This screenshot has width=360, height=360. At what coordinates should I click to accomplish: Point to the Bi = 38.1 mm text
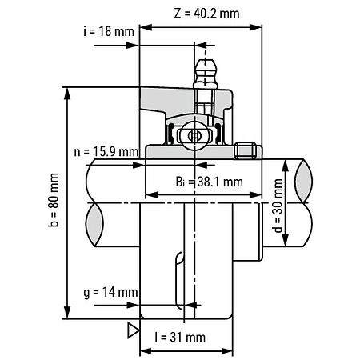pyautogui.click(x=209, y=181)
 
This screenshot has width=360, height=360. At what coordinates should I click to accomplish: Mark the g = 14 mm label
pyautogui.click(x=109, y=293)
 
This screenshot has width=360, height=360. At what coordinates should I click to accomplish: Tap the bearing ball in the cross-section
pyautogui.click(x=192, y=137)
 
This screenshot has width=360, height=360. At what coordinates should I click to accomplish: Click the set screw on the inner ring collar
pyautogui.click(x=246, y=150)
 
